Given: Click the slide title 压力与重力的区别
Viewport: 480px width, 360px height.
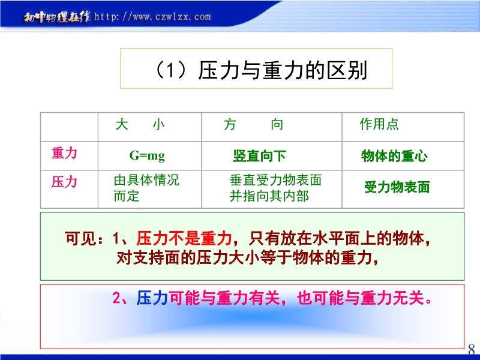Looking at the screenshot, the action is point(282,70).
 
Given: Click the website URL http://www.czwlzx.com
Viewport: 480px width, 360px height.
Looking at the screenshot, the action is point(152,16).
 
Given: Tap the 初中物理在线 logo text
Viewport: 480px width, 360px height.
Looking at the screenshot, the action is point(57,17).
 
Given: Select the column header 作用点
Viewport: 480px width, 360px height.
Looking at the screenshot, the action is point(379,124).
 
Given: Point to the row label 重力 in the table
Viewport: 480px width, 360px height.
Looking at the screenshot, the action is point(64,153).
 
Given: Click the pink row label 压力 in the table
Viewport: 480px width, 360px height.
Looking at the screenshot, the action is point(64,182).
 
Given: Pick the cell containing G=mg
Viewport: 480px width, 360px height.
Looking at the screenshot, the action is point(147,155).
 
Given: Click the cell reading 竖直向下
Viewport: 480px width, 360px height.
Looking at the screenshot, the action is point(259,156).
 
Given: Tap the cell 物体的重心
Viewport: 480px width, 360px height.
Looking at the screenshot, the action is point(394,156).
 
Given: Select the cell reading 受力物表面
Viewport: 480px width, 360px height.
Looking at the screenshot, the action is point(397,187).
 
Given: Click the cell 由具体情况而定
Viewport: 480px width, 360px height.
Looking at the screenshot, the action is point(146,188).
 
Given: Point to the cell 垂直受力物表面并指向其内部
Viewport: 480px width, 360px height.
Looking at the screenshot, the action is point(275,188).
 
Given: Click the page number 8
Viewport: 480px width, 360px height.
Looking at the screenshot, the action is point(472,349).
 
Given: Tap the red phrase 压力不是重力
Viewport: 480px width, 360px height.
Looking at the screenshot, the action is point(184,238).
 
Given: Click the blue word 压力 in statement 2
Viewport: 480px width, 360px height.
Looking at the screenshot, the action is point(152,298).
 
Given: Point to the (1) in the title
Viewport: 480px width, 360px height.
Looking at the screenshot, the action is point(170,70).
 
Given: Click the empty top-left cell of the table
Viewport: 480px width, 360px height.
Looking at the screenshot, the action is point(69,127).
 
